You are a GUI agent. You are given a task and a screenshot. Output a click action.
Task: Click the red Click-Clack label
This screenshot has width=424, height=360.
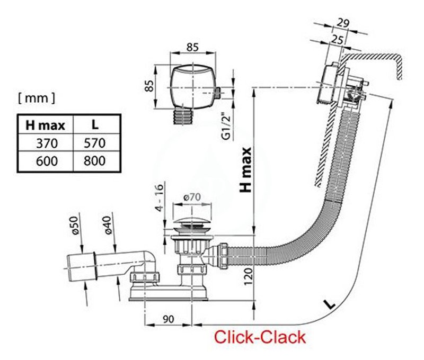coord(260,337)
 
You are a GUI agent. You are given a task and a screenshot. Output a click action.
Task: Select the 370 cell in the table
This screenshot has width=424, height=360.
coord(47,143)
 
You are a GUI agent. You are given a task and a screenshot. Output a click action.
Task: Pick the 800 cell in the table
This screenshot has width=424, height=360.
coord(95,161)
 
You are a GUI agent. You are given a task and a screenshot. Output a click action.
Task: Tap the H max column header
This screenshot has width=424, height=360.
coord(45,125)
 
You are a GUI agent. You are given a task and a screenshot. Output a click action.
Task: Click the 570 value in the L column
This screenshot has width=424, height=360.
coord(95,143)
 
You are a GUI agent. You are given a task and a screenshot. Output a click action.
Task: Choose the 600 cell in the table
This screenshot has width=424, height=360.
coord(47,161)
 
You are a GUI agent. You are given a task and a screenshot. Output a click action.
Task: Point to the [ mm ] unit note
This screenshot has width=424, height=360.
coord(37,98)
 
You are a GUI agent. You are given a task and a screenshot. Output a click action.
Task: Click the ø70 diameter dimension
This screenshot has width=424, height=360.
coord(192,197)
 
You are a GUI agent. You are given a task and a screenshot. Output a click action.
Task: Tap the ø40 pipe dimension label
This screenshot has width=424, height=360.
coord(108,225)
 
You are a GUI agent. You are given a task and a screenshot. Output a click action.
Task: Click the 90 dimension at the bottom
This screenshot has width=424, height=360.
coord(168,319)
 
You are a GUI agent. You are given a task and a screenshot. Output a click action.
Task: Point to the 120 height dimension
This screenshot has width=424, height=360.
coord(248,276)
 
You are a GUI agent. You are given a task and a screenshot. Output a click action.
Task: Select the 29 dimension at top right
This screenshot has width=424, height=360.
coord(343,23)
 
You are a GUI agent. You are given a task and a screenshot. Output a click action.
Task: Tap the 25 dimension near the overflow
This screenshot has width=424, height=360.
coord(337,40)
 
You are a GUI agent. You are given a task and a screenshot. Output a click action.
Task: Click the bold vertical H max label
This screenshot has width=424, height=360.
coord(246,170)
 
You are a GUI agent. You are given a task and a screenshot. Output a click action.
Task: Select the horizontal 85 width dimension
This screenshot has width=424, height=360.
coord(192,47)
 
